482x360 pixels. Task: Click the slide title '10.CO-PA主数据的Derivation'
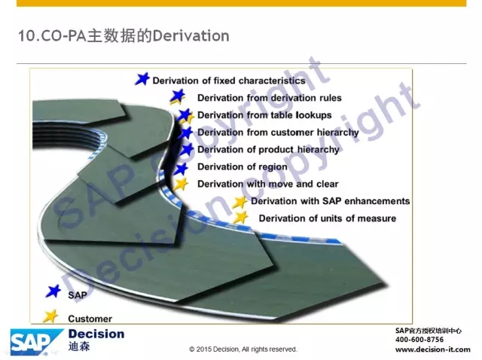click(x=124, y=35)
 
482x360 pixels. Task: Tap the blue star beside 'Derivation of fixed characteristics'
click(x=142, y=78)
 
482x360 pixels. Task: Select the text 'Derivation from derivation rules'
click(x=270, y=98)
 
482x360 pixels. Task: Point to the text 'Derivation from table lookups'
click(x=264, y=115)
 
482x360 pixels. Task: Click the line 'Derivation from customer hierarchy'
click(x=278, y=133)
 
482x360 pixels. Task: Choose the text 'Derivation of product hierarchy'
click(x=268, y=150)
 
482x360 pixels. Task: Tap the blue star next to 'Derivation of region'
click(x=181, y=169)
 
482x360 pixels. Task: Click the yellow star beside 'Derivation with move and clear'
click(x=181, y=185)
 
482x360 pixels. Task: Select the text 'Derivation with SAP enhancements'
click(x=331, y=201)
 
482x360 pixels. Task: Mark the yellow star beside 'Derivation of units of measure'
click(x=241, y=218)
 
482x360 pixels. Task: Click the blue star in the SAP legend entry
click(x=53, y=291)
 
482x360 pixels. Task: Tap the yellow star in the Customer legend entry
click(x=50, y=316)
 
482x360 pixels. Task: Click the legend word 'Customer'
click(x=90, y=319)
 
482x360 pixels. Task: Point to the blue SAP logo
click(x=37, y=342)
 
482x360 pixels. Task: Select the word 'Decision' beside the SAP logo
click(x=96, y=334)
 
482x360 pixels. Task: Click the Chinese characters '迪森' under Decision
click(x=79, y=346)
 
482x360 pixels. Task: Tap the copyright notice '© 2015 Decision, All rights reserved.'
click(x=243, y=349)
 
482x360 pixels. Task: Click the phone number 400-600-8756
click(x=419, y=340)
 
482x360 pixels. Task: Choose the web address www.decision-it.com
click(x=433, y=349)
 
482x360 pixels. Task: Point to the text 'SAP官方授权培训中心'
click(x=429, y=331)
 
